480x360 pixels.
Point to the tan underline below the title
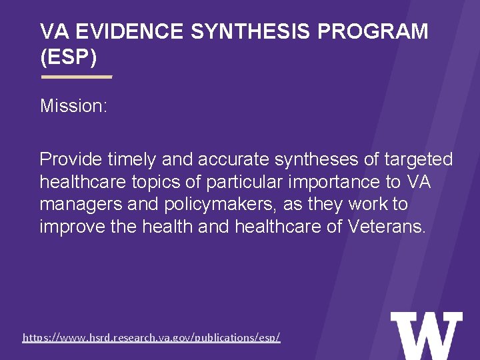77,77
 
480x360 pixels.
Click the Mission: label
73,105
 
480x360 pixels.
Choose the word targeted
421,160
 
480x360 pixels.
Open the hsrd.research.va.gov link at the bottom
151,338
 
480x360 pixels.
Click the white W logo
426,335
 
